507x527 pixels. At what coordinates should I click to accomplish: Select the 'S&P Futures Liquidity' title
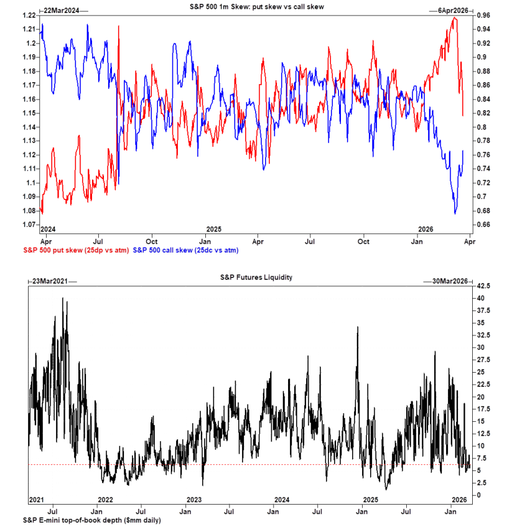(x=248, y=277)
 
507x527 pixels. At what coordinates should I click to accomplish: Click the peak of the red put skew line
(x=455, y=17)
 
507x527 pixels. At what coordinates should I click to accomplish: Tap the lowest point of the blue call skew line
(x=455, y=213)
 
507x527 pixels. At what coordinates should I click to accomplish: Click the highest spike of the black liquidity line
(x=63, y=298)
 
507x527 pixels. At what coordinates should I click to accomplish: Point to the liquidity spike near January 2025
(x=358, y=327)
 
